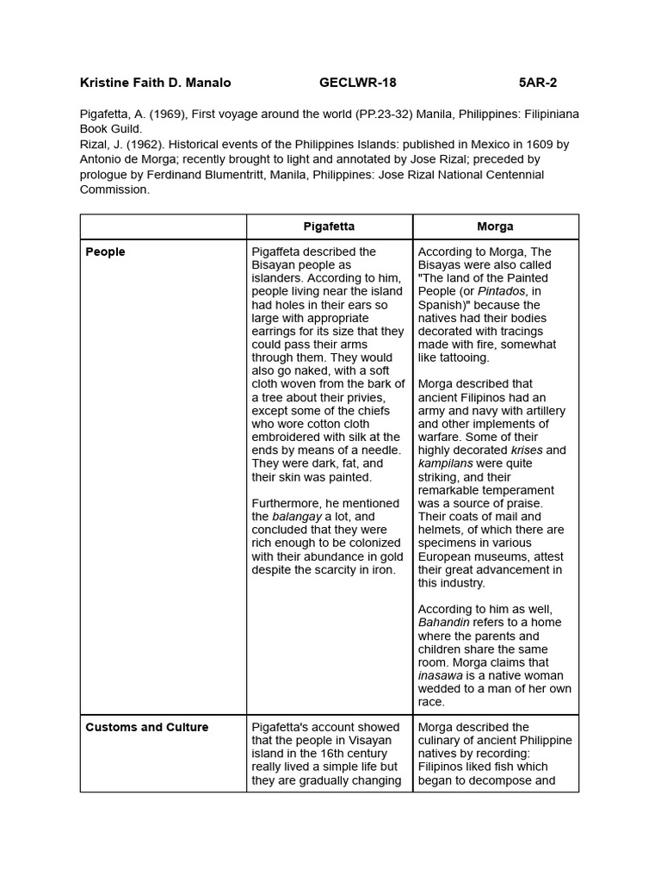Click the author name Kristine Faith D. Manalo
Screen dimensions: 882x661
(x=155, y=83)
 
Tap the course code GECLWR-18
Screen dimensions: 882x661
(x=358, y=83)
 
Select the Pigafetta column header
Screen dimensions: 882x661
(x=329, y=227)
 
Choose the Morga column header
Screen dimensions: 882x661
(x=495, y=227)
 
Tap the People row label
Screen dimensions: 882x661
(x=105, y=252)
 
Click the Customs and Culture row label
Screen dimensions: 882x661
(x=146, y=727)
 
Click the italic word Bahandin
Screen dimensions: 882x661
(x=446, y=622)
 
